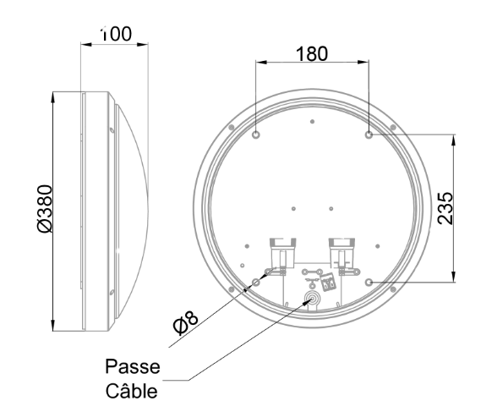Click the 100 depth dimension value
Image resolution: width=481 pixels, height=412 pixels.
pyautogui.click(x=117, y=34)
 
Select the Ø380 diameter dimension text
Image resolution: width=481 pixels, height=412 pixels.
pyautogui.click(x=45, y=209)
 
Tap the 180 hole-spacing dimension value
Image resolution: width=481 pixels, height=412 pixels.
pyautogui.click(x=312, y=54)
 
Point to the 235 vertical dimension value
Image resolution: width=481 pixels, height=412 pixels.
pyautogui.click(x=445, y=208)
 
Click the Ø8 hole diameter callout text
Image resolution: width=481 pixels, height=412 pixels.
pyautogui.click(x=186, y=322)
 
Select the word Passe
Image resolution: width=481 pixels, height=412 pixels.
pyautogui.click(x=133, y=366)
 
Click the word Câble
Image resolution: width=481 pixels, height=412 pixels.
pyautogui.click(x=132, y=390)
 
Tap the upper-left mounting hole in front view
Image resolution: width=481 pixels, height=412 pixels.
pyautogui.click(x=255, y=135)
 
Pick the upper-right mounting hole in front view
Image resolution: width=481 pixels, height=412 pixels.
pyautogui.click(x=369, y=135)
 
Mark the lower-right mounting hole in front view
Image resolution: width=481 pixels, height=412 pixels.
pyautogui.click(x=369, y=282)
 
